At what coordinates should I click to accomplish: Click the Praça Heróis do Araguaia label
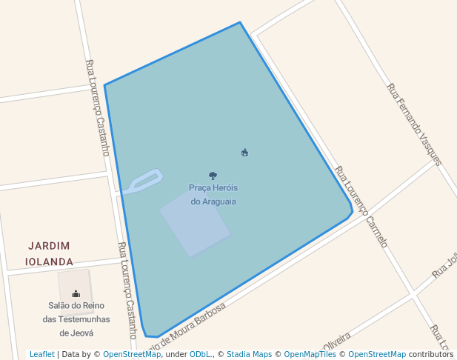(x=213, y=194)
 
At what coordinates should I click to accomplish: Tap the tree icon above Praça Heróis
(x=213, y=176)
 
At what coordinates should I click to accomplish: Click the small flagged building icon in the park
(x=245, y=153)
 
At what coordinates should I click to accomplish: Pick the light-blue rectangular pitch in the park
(x=195, y=222)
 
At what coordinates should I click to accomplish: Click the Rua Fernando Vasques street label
(x=414, y=124)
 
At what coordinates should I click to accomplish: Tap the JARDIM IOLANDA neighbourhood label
(x=49, y=253)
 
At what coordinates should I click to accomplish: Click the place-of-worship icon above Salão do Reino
(x=76, y=293)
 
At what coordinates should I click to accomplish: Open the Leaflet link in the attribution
(x=42, y=354)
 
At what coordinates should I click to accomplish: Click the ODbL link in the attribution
(x=200, y=354)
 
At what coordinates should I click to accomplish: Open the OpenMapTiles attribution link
(x=311, y=354)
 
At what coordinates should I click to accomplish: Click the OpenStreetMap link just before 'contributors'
(x=377, y=354)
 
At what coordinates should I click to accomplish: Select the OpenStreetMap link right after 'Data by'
(x=132, y=354)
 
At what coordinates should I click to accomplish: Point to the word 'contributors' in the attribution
(x=431, y=354)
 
